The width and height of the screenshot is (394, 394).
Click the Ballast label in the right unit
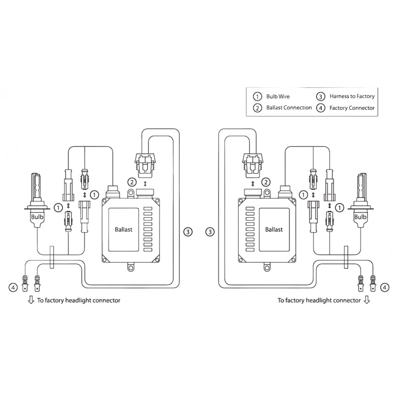(x=274, y=229)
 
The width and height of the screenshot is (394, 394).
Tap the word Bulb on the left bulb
(x=37, y=216)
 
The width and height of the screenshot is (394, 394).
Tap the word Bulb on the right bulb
(x=361, y=216)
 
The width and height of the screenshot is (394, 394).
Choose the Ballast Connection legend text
(x=289, y=107)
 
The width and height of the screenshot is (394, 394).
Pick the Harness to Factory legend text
(x=352, y=97)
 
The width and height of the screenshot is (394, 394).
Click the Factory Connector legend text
(x=352, y=107)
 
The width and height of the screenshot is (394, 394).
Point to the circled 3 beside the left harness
(x=187, y=231)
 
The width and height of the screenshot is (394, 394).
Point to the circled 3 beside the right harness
(x=211, y=231)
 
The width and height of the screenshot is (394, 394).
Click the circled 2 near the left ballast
(x=131, y=182)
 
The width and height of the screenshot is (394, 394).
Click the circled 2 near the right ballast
(x=266, y=182)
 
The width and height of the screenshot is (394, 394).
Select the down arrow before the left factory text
(x=31, y=299)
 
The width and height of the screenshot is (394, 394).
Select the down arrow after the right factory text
(x=366, y=299)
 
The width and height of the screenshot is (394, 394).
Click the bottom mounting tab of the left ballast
(x=131, y=268)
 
